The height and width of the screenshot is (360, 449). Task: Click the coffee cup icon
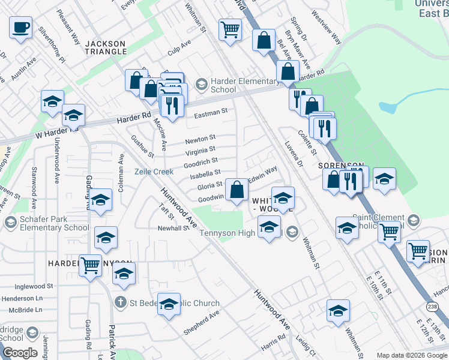point(21,27)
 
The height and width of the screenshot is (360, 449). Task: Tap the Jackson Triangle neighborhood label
point(106,47)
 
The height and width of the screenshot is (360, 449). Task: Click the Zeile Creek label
point(154,172)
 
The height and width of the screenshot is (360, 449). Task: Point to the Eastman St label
point(211,111)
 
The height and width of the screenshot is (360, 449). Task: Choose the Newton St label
point(200,139)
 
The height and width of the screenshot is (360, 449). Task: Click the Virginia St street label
point(200,150)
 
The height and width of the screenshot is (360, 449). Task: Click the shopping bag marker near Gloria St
point(238,190)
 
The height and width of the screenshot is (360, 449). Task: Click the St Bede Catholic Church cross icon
point(120,302)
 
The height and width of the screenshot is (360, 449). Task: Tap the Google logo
point(20,353)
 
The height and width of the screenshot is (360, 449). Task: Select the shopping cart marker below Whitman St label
point(231,29)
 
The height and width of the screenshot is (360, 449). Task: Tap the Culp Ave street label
point(179,47)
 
